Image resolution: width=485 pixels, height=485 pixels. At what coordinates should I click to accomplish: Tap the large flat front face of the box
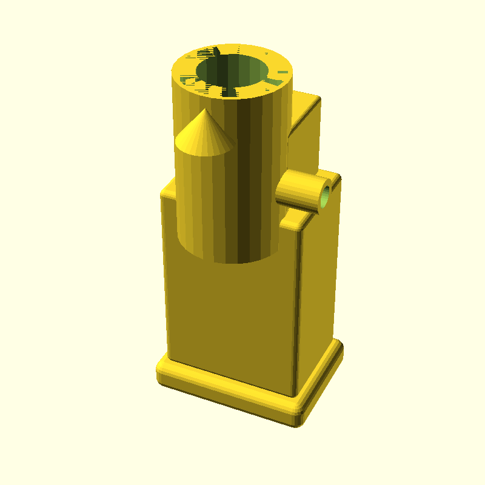coord(230,315)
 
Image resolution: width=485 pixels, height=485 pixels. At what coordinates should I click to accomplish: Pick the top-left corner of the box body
coord(164,194)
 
